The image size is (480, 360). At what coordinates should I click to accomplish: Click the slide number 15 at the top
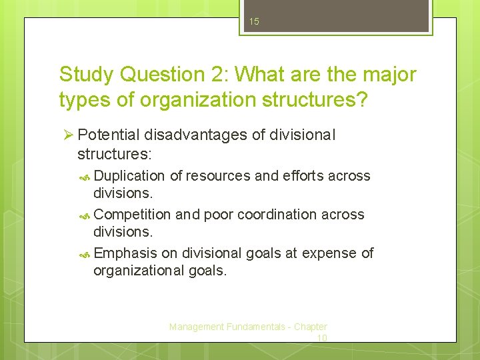tap(253, 22)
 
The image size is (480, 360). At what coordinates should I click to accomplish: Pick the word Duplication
tap(129, 176)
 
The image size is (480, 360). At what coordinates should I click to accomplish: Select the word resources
tap(219, 176)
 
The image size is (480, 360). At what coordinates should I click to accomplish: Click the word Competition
tap(132, 215)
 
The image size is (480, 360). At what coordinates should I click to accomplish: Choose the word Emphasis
tap(126, 253)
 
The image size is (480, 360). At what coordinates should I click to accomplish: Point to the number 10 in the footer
tap(321, 338)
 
